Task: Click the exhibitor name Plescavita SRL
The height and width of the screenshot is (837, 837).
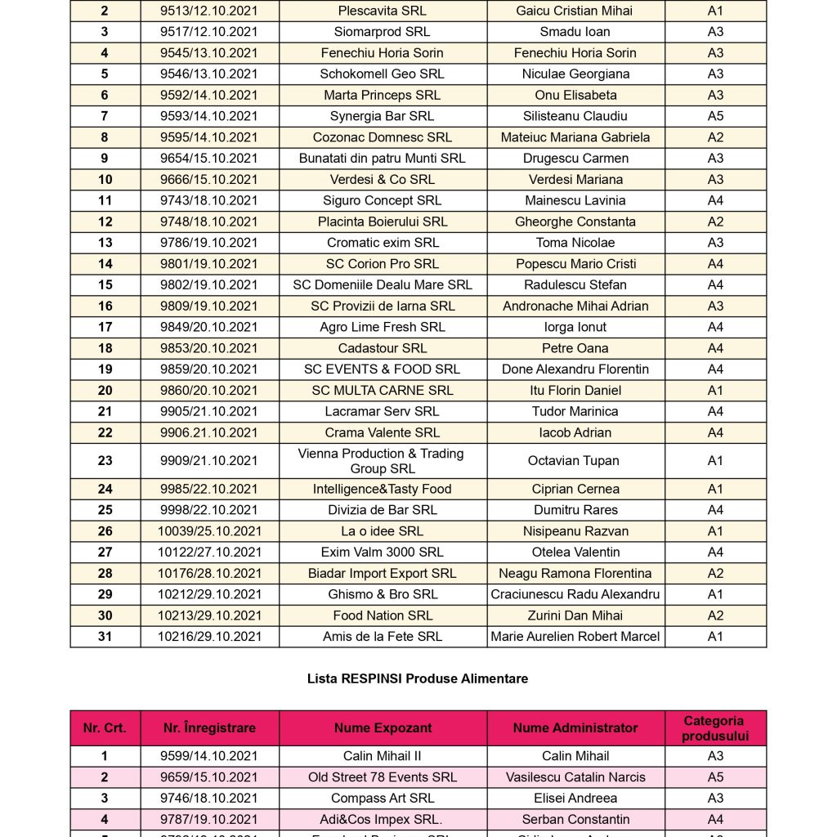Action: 383,11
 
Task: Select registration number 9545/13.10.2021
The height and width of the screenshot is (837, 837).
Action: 209,53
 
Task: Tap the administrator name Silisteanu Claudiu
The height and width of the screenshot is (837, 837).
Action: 575,116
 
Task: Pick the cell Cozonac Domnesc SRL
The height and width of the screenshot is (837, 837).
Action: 383,137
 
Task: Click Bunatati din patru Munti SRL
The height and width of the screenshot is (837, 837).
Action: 383,159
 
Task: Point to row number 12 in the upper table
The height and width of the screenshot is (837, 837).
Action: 105,222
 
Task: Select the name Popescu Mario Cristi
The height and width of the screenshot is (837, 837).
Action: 575,264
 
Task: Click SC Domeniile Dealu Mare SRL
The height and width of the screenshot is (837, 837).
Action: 383,285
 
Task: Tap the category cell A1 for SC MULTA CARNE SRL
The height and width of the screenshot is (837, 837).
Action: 715,391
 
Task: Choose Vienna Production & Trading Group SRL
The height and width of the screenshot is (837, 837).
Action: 383,461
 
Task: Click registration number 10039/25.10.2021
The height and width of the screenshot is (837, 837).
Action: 209,531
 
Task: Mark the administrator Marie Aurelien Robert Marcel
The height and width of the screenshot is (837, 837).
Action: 575,637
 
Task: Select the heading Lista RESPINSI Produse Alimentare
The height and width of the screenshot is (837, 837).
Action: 418,678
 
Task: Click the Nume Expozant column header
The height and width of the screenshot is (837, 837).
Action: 383,727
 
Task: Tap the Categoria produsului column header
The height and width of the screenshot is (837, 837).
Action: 715,727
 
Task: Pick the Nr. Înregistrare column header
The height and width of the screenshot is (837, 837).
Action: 209,727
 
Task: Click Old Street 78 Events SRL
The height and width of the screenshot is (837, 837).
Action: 383,777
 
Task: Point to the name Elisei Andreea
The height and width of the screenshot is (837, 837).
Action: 575,799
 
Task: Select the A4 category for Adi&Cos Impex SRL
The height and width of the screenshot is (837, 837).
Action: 715,820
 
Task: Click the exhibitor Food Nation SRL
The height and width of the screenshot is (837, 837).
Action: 383,615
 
